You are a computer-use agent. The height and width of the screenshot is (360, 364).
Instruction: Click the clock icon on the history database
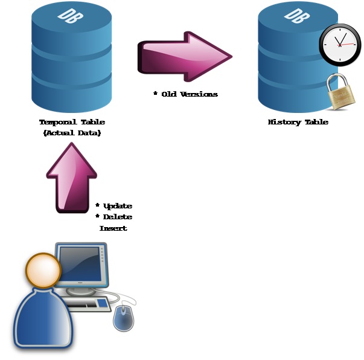coord(340,45)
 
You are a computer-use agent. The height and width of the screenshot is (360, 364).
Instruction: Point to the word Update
coord(117,206)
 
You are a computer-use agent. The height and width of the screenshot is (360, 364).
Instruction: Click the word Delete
coord(117,217)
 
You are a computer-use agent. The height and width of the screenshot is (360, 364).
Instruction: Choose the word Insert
coord(113,228)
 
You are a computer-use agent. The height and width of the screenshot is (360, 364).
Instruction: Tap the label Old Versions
coord(188,94)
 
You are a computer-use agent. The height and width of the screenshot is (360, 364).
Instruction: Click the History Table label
coord(298,122)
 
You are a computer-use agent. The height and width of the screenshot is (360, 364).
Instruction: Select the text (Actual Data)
coord(72,133)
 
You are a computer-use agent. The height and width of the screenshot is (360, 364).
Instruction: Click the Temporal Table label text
coord(72,122)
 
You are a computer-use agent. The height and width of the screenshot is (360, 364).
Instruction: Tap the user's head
coord(43,270)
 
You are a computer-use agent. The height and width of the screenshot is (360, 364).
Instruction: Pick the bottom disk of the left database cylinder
coord(72,91)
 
